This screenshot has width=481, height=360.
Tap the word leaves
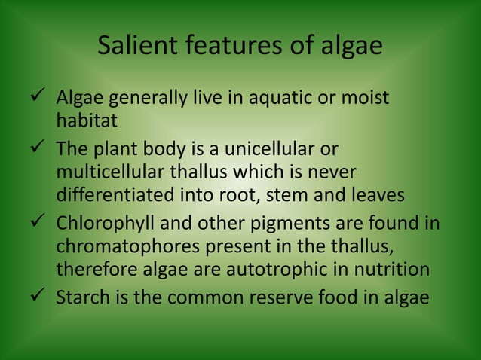[378, 195]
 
